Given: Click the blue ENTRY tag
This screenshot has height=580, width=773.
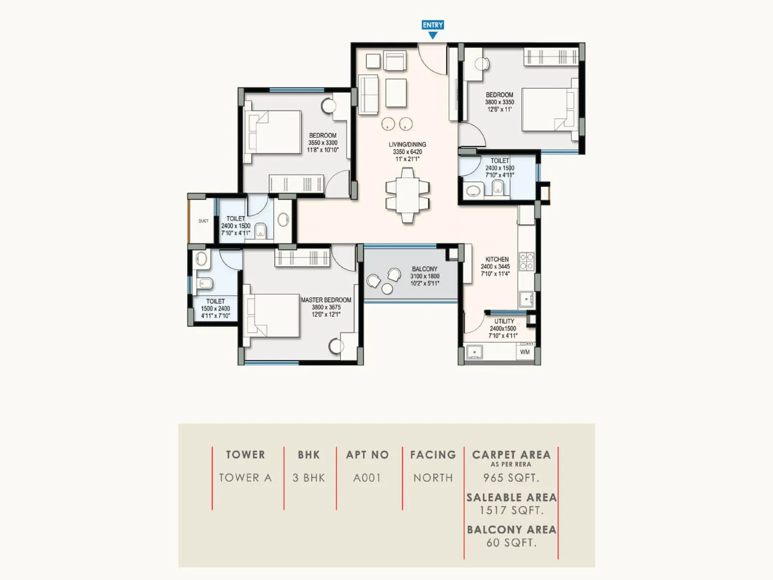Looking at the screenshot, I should point(432,25).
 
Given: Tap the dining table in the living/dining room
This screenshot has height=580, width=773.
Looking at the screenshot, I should point(407,195).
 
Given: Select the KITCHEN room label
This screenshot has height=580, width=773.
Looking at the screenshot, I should point(497,259).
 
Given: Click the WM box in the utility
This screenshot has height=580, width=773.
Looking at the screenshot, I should point(525,352).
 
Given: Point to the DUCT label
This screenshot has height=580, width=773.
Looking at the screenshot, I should point(203,221).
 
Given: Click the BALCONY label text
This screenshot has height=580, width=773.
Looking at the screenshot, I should point(425,269).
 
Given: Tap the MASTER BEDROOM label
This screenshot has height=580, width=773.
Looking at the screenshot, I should point(326,300).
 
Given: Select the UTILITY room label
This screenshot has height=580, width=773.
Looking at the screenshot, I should point(504,321).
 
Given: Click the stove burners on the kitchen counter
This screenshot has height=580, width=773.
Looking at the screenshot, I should point(526,261).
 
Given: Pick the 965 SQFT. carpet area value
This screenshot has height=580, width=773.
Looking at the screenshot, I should point(511,478).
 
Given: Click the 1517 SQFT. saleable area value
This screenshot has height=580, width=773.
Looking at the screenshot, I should point(511,510).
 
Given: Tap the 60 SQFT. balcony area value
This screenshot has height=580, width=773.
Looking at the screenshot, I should point(511,542).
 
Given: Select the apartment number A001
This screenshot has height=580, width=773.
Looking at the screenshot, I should point(367,478).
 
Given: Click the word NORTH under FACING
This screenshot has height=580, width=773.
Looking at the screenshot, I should point(433,478).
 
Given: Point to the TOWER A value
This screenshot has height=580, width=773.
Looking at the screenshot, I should point(245,478).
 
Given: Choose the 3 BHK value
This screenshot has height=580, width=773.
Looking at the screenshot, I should point(308,478).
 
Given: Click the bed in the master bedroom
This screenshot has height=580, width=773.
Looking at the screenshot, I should point(273,315).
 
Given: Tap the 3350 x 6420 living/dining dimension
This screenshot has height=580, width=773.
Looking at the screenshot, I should point(407,152).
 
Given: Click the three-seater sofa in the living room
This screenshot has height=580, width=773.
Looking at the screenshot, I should point(368,94).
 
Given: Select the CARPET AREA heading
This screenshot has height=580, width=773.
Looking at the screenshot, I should point(511,455).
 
